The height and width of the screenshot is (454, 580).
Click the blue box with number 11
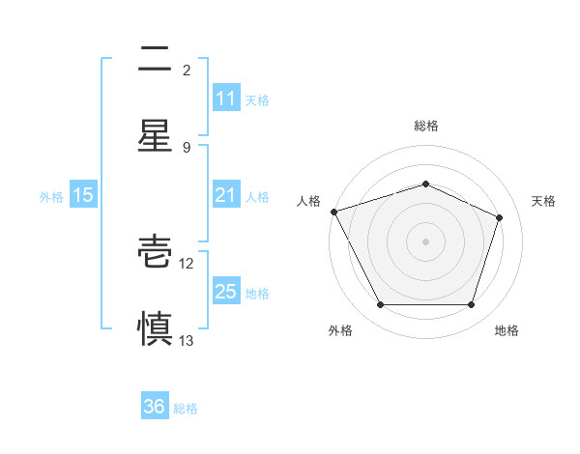[225, 99]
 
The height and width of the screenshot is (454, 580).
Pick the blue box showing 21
[225, 195]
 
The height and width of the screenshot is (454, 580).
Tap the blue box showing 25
[225, 292]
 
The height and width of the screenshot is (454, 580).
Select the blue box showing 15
[83, 195]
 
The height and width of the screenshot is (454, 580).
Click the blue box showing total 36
[155, 407]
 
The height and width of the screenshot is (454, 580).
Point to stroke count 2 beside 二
[187, 70]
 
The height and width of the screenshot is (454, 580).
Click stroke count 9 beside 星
[187, 147]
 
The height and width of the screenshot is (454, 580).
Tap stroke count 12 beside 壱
[187, 263]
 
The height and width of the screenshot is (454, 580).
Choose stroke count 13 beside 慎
[187, 340]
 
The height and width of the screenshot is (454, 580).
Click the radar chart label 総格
[426, 126]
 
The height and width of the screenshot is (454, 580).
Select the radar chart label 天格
[543, 201]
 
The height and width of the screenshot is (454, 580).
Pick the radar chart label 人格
[308, 201]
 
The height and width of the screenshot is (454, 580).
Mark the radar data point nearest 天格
[500, 217]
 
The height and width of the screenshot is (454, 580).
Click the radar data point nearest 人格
[333, 212]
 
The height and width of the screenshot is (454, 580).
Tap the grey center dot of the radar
[426, 241]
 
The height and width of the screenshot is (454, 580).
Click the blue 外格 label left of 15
[51, 196]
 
